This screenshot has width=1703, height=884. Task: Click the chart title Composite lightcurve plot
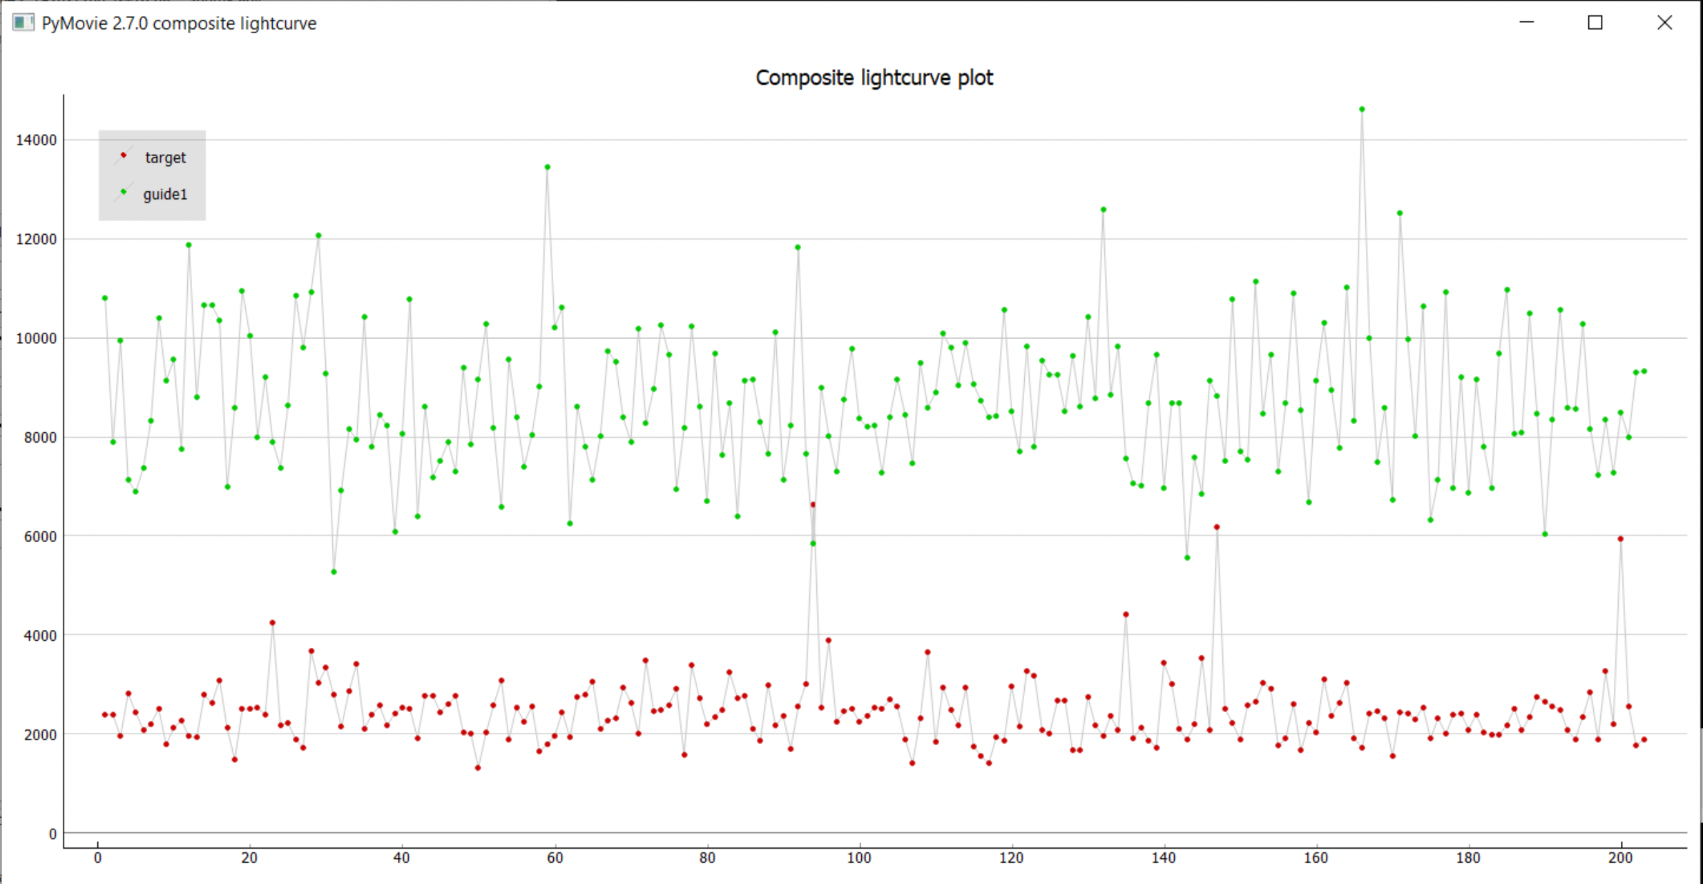[874, 78]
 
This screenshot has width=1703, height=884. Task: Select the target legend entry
[165, 157]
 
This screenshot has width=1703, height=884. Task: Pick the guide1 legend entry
[165, 195]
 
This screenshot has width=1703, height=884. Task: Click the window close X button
[1664, 23]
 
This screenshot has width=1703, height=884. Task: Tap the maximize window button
[1595, 23]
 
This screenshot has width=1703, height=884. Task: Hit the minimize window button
[1527, 23]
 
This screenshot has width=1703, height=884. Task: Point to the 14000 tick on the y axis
[37, 140]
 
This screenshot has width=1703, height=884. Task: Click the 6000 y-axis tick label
[40, 537]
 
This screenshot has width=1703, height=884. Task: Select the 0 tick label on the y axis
[52, 834]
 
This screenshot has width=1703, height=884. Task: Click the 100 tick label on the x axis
[859, 858]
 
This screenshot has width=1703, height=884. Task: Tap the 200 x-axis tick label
[1620, 858]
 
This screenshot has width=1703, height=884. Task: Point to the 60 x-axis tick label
[555, 858]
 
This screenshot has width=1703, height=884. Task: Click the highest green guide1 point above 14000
[1362, 109]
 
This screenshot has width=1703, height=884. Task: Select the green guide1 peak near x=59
[548, 167]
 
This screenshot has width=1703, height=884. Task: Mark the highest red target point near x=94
[813, 505]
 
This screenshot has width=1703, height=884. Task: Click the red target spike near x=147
[1217, 527]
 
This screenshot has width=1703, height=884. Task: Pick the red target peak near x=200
[1620, 539]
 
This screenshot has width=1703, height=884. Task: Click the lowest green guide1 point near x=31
[334, 572]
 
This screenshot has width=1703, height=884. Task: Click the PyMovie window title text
[179, 23]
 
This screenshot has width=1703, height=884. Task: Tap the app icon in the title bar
[23, 23]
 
